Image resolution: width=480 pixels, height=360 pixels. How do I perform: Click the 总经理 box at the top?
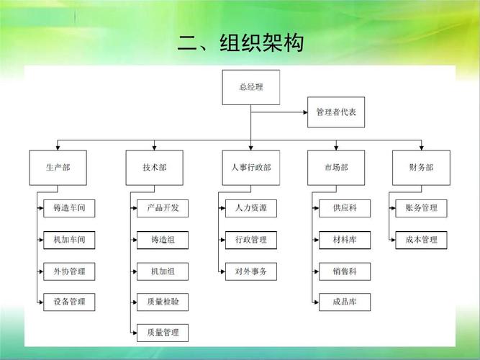click(x=250, y=87)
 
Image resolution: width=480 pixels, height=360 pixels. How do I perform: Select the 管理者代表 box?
click(x=336, y=112)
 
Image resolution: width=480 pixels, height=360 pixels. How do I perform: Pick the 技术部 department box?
click(x=154, y=167)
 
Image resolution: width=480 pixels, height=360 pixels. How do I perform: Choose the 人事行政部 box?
click(x=250, y=167)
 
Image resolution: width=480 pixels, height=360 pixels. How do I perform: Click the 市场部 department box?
click(x=336, y=167)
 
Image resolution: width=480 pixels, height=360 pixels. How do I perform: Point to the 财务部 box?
click(x=421, y=167)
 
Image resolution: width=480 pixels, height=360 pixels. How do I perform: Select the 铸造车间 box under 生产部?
click(x=69, y=208)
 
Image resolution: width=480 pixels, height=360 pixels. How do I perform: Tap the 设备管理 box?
click(x=69, y=301)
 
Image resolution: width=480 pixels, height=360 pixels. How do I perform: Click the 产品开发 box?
click(x=163, y=208)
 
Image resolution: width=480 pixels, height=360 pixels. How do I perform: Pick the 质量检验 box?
click(x=163, y=301)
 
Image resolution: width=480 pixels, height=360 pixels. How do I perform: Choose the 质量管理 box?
click(x=163, y=333)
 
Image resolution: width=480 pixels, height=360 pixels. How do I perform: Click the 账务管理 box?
click(x=421, y=208)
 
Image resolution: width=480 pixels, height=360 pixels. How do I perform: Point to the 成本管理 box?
click(x=421, y=240)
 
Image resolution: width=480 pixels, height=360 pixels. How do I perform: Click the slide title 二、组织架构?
click(x=240, y=43)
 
